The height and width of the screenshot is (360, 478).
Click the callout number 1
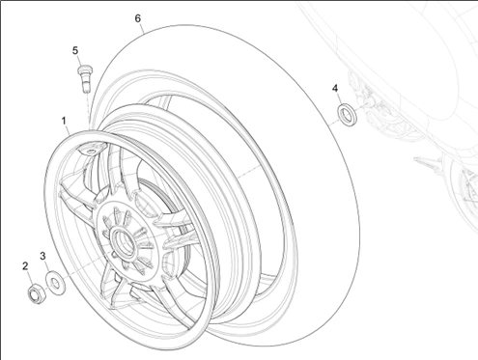tap(64, 122)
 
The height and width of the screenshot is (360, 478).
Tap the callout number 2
tap(26, 265)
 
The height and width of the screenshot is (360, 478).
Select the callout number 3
tap(42, 256)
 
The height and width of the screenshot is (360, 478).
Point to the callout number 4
tap(335, 88)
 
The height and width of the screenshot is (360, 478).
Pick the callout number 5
tap(74, 50)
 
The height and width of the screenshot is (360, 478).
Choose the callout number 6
tap(138, 18)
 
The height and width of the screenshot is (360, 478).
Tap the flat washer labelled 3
tap(55, 282)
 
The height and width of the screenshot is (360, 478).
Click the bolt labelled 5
tap(82, 75)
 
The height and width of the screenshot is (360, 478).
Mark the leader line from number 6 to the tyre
tap(143, 29)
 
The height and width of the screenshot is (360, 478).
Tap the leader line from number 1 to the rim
tap(69, 133)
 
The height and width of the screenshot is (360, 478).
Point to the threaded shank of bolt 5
tap(84, 83)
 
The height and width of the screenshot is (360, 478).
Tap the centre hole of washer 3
tap(55, 282)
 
